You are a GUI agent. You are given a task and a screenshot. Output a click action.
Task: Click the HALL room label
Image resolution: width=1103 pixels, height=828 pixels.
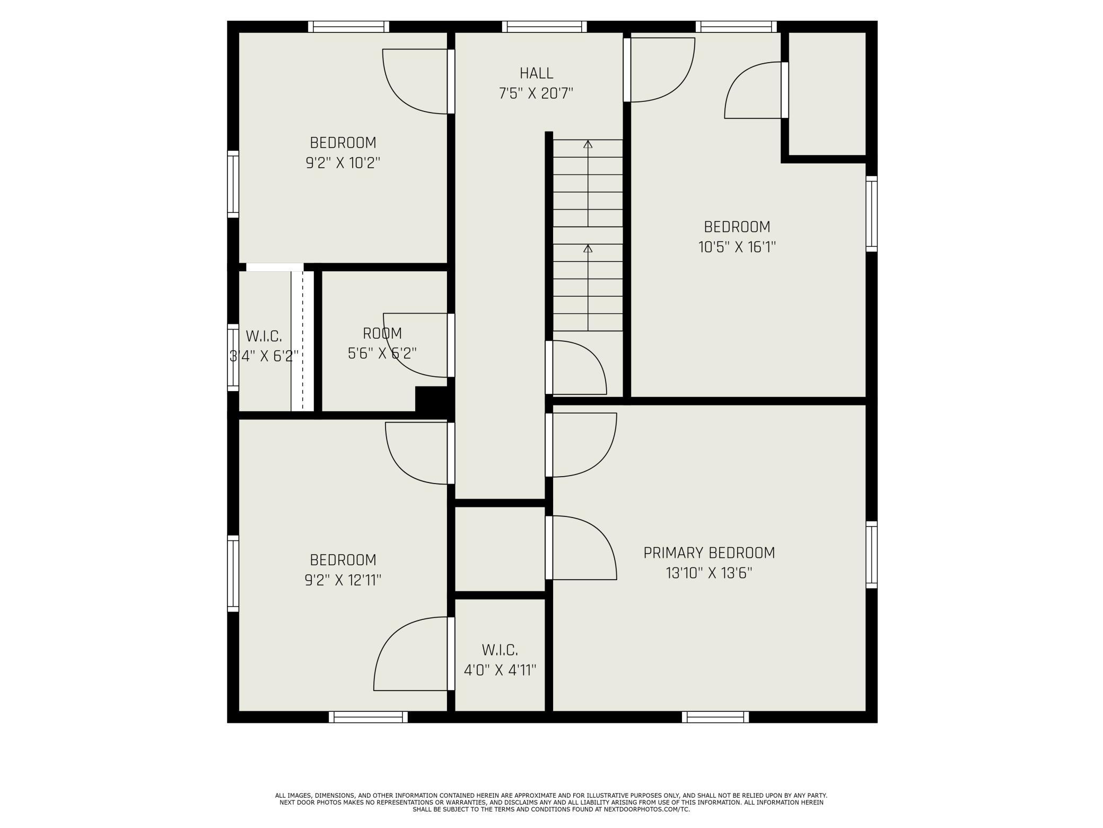(x=536, y=73)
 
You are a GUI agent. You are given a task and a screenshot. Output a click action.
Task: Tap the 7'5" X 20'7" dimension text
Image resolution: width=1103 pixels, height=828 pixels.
(x=536, y=94)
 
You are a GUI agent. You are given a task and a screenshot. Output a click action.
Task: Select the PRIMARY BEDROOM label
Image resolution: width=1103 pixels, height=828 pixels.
(x=709, y=553)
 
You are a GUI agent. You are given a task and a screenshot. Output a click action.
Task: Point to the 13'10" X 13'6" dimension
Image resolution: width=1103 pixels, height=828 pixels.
(x=709, y=573)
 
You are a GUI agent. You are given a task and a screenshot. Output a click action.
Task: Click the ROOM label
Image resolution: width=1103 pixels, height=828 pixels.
(x=382, y=333)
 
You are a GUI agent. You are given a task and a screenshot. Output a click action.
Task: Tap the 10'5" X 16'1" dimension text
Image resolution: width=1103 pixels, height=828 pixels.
(x=737, y=247)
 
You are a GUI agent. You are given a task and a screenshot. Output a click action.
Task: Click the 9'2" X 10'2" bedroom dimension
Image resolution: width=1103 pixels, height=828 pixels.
(x=343, y=163)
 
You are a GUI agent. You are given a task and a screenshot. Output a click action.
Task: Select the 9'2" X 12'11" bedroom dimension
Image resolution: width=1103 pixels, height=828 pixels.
(x=343, y=580)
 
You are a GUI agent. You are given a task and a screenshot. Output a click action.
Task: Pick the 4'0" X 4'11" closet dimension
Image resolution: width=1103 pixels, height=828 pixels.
(x=500, y=670)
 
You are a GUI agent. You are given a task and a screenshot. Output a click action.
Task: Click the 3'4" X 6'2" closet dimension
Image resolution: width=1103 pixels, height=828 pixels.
(x=264, y=356)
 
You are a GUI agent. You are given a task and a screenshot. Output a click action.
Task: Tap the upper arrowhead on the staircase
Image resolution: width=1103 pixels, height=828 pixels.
(x=588, y=144)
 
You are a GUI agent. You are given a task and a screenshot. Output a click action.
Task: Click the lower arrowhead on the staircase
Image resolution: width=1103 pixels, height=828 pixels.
(x=588, y=248)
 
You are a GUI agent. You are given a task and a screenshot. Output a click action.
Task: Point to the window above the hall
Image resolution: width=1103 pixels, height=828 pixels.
(x=545, y=27)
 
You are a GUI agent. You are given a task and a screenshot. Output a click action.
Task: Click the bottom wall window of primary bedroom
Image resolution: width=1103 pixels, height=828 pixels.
(x=715, y=717)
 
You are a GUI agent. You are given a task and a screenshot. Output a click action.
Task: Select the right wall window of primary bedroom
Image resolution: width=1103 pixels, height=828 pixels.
(x=872, y=555)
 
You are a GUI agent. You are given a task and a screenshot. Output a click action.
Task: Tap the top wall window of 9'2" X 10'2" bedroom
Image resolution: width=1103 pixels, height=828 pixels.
(x=348, y=27)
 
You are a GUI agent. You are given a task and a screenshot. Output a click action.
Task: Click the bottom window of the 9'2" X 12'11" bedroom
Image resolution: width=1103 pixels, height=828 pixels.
(x=368, y=717)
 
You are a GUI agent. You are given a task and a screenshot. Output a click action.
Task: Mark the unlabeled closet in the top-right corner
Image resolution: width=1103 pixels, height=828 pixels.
(x=827, y=93)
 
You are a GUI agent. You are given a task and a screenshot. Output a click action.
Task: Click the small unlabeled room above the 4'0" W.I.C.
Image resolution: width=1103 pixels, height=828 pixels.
(x=500, y=549)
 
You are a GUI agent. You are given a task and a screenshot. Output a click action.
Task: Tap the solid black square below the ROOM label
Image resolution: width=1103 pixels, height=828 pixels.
(x=434, y=399)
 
